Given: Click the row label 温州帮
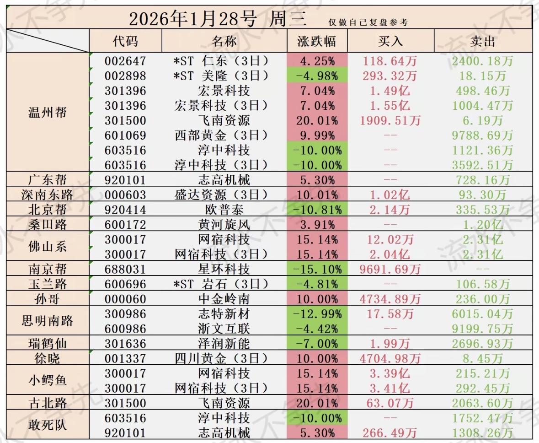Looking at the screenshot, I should (48, 112).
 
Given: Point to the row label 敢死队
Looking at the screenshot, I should (48, 425).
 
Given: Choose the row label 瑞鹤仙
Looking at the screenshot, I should (48, 343).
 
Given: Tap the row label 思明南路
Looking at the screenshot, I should (48, 321).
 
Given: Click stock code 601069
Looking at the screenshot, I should (125, 135).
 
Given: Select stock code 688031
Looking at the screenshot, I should (125, 269).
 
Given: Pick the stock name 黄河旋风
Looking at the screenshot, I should (224, 225).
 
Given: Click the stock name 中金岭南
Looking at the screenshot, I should (224, 299).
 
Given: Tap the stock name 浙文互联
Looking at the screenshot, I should (224, 329).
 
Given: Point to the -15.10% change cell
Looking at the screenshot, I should (317, 269).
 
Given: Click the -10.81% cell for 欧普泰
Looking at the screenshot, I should (317, 210).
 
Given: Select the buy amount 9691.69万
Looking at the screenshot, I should (390, 269).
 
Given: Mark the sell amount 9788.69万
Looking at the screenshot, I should (482, 135).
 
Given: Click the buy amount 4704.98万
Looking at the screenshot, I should (390, 358).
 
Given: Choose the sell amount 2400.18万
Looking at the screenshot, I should (482, 61).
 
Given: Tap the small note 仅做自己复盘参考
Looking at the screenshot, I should (368, 22).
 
